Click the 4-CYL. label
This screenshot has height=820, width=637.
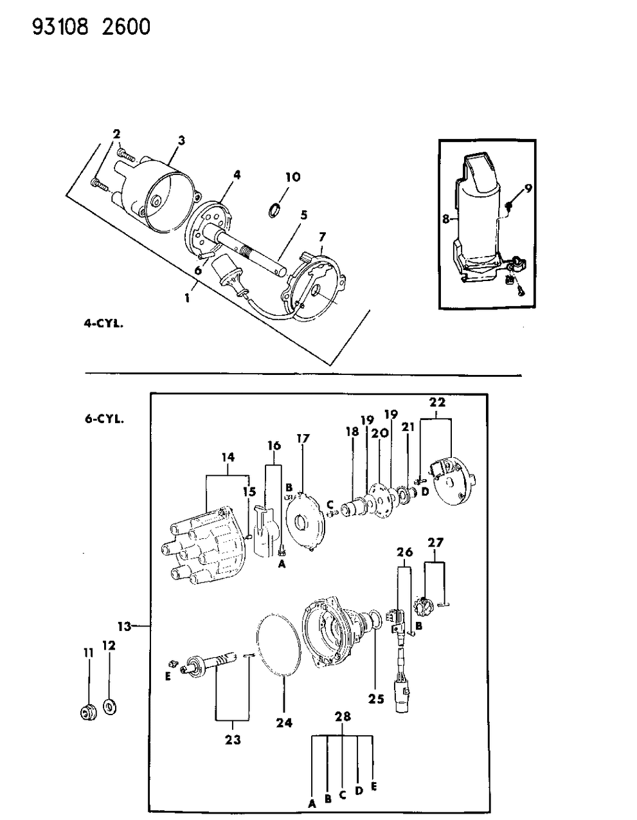103,324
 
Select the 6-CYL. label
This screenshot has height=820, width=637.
103,419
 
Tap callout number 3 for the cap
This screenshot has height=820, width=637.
181,140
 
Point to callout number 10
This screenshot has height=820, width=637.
292,177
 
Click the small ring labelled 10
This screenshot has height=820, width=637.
274,210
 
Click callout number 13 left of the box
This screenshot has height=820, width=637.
124,626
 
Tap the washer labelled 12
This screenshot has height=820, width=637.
109,707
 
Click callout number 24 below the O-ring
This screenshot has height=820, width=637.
284,722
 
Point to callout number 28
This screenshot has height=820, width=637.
343,716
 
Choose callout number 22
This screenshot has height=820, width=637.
438,402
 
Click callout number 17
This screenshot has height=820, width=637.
303,439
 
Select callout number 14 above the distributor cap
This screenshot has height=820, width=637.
228,457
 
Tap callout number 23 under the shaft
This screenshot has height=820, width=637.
233,740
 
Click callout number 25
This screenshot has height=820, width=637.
376,698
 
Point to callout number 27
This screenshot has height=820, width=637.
435,543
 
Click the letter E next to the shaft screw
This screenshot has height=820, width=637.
168,676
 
